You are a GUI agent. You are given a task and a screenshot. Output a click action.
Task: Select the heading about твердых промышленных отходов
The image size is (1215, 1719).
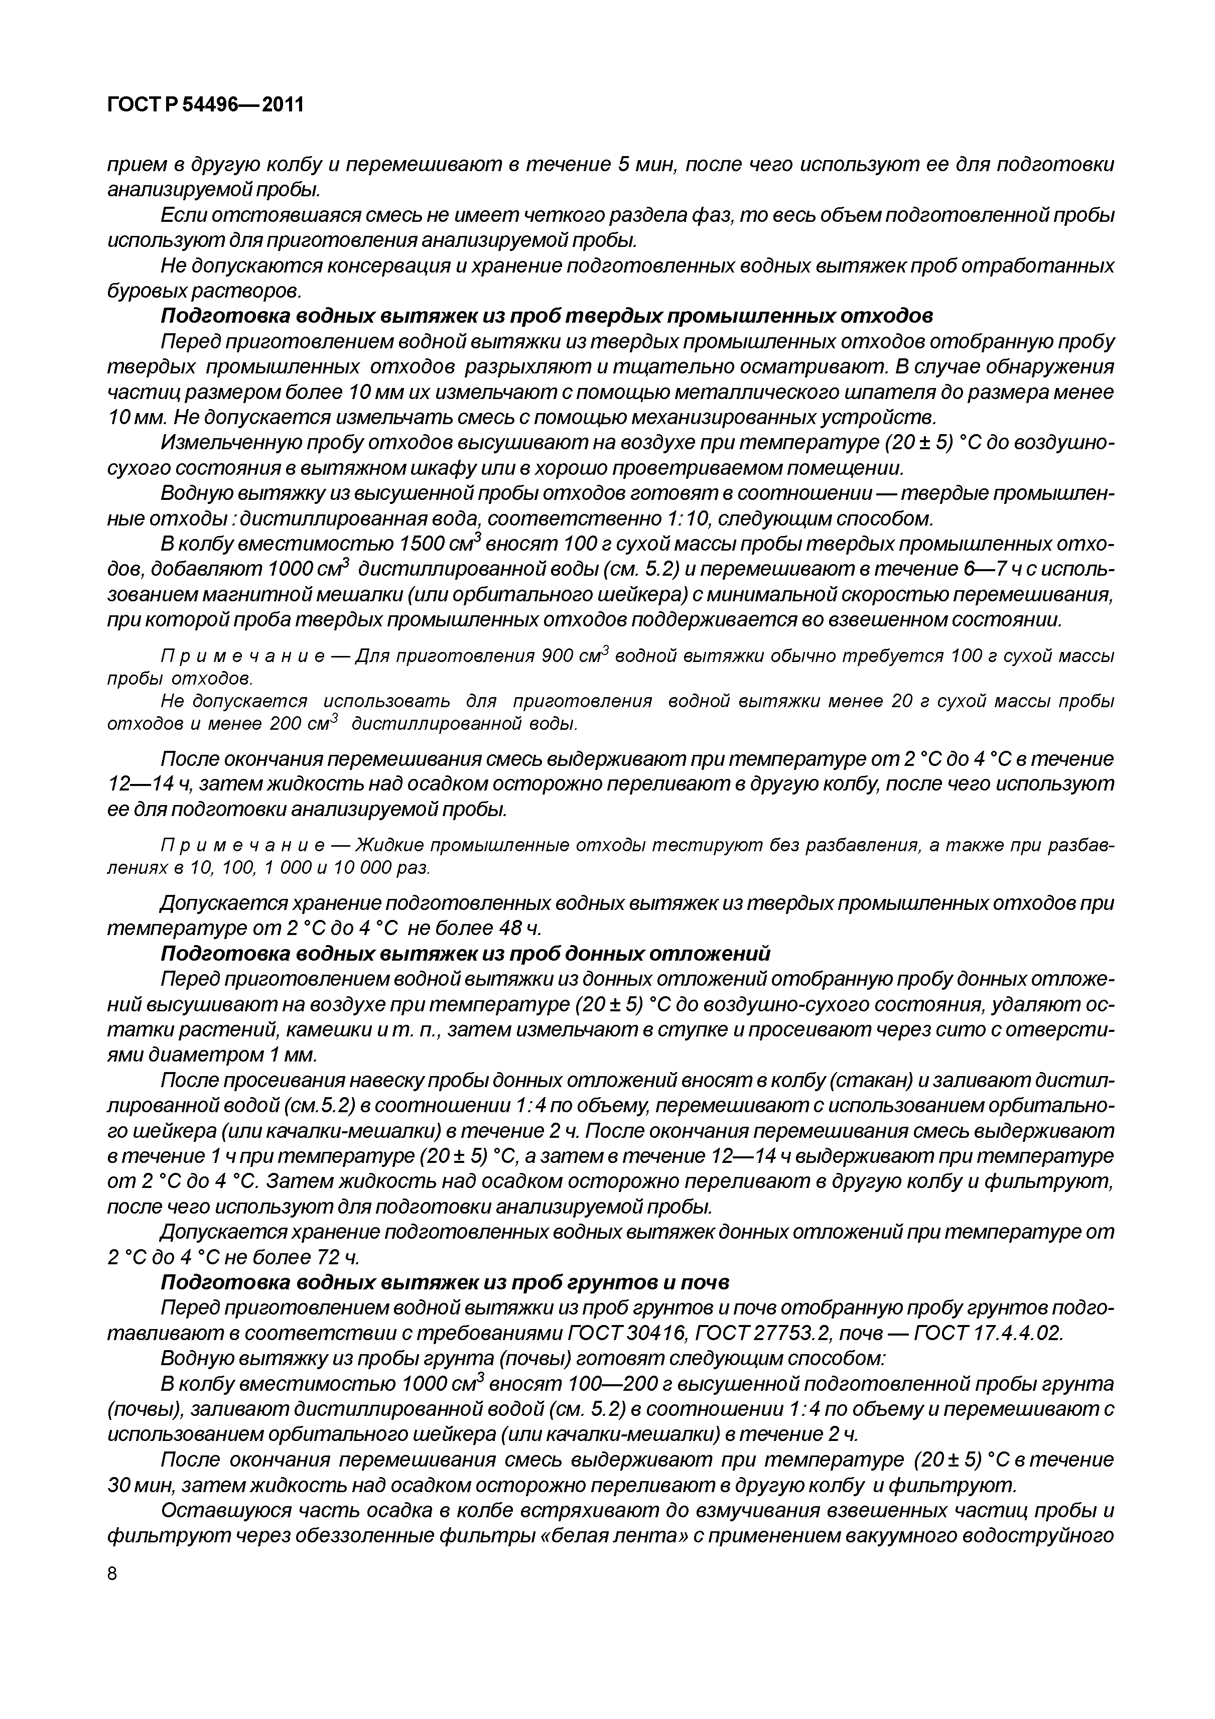pos(547,317)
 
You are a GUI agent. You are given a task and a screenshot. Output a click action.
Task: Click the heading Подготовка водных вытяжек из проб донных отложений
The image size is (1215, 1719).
pos(466,954)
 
